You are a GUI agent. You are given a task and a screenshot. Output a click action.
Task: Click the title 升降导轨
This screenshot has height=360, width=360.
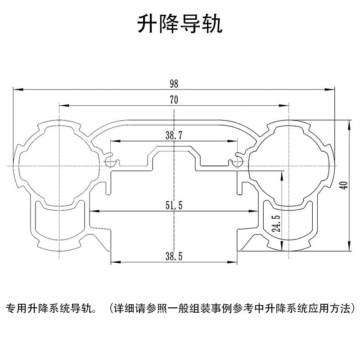180,25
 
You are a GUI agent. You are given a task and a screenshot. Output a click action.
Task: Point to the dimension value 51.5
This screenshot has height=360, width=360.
174,206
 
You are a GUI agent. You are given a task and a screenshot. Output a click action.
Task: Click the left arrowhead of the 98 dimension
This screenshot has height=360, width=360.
16,89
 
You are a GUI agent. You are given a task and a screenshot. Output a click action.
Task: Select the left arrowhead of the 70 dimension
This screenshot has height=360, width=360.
62,106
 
